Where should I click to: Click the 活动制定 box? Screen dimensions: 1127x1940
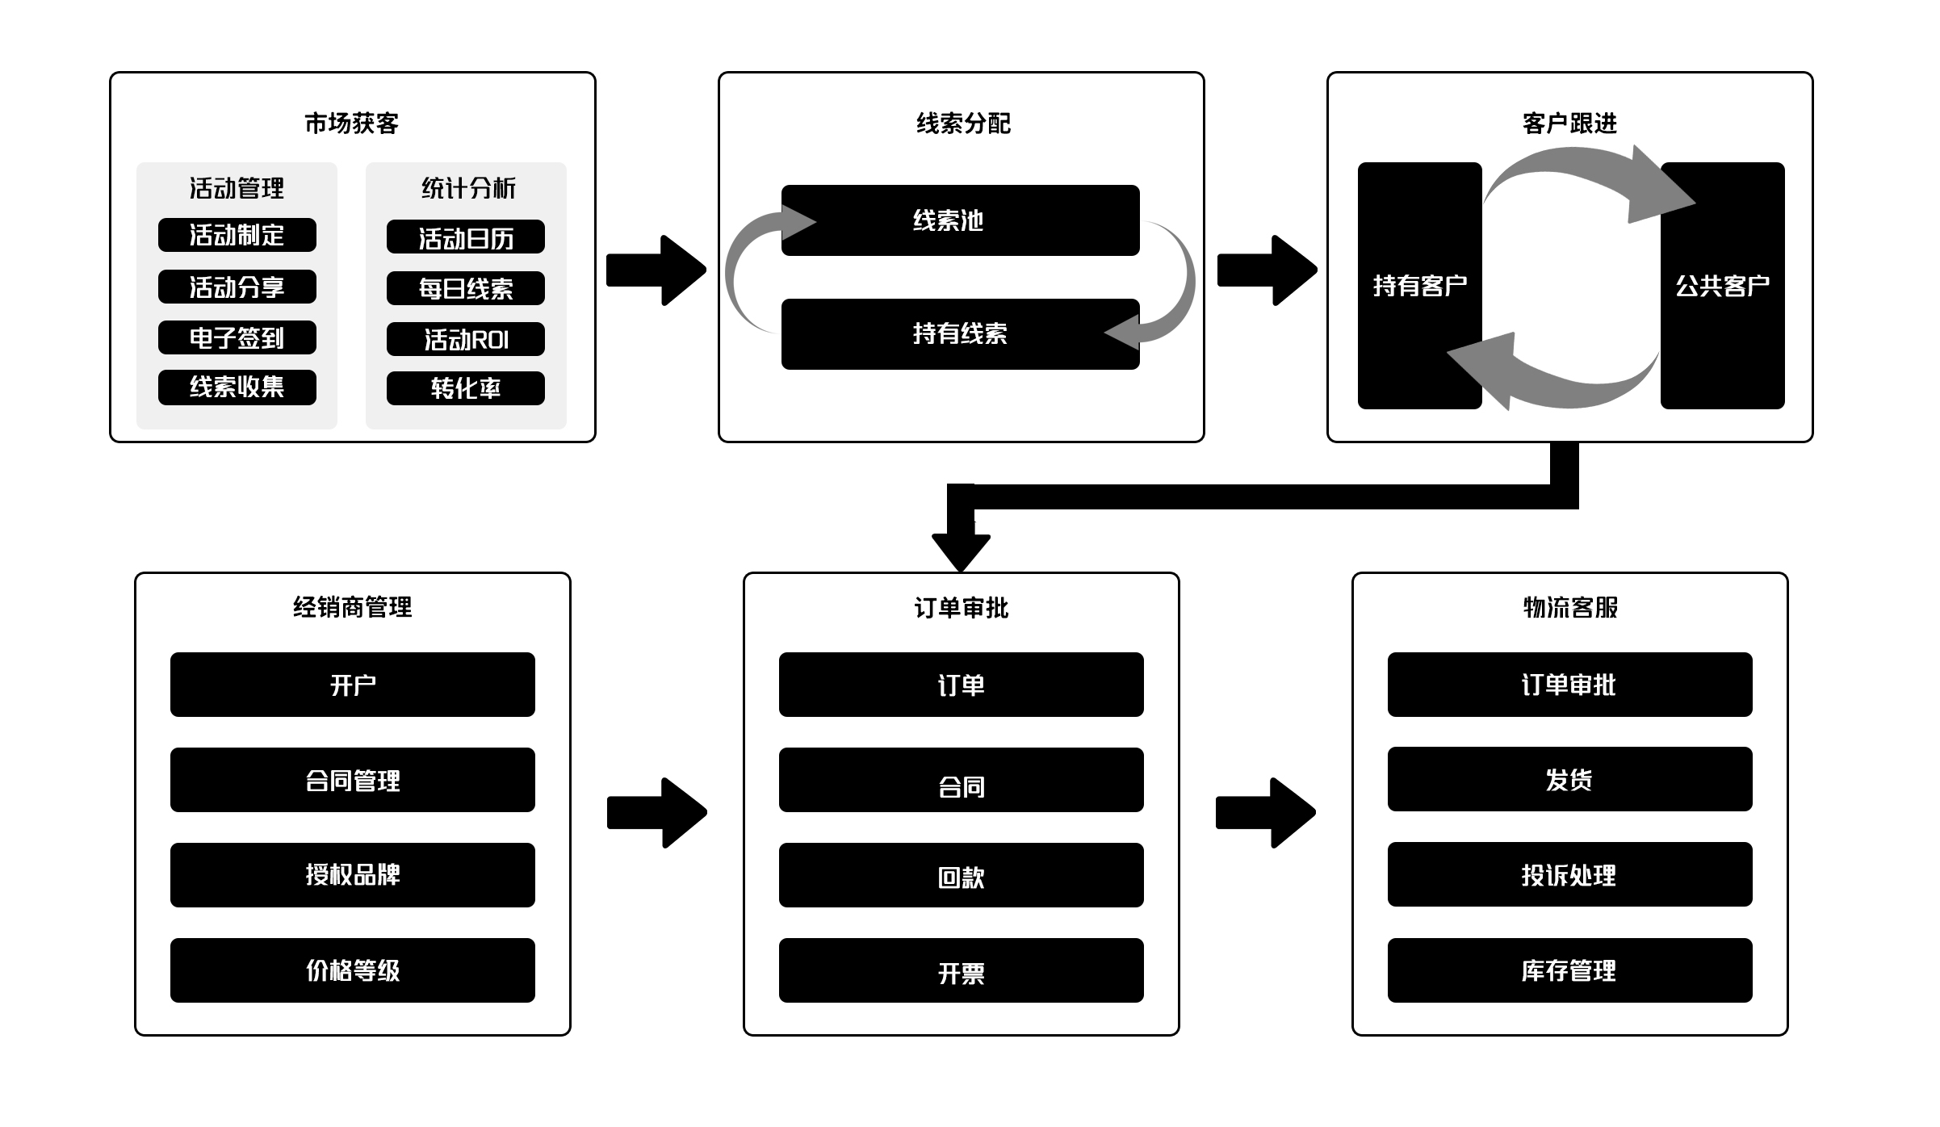[x=237, y=235]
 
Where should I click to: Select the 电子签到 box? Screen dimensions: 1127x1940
[x=237, y=337]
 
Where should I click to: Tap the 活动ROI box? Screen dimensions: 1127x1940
[x=465, y=339]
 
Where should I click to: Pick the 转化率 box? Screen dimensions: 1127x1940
[x=465, y=388]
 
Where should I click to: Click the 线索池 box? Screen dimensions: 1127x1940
[x=959, y=220]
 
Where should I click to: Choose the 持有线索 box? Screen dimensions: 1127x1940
[x=959, y=333]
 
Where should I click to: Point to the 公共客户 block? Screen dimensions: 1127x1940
[x=1722, y=285]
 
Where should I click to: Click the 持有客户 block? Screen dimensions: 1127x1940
[x=1419, y=285]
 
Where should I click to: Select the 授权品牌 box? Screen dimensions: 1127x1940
[x=352, y=874]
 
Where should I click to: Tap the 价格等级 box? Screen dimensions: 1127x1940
[x=352, y=970]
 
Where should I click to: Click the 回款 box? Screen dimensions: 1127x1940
[x=961, y=875]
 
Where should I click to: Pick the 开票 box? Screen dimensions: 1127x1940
[x=961, y=970]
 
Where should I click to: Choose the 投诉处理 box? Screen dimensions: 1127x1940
[x=1569, y=874]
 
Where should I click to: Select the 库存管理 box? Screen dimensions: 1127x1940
[x=1569, y=970]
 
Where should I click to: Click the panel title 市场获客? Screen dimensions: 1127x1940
[x=352, y=123]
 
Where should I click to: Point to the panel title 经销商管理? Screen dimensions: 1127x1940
[x=352, y=606]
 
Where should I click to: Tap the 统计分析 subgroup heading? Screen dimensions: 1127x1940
[x=468, y=188]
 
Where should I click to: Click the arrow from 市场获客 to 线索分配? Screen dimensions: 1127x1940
[x=656, y=270]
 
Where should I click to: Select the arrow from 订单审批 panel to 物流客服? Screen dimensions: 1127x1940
[x=1265, y=813]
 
